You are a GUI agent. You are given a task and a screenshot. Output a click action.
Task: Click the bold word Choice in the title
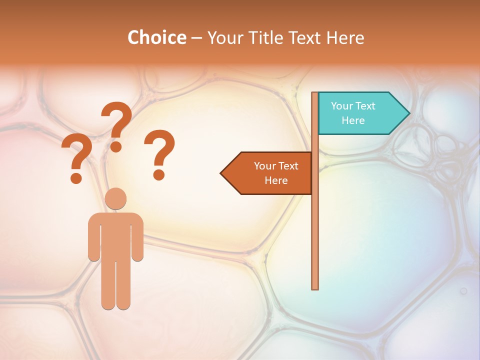pos(156,37)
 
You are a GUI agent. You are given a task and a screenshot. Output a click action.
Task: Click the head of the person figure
pos(115,198)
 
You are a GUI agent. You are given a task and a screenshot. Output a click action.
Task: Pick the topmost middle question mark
pos(116,122)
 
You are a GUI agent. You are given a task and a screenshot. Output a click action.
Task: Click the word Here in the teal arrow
pos(353,120)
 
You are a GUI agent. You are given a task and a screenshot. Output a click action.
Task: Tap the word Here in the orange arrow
pos(276,180)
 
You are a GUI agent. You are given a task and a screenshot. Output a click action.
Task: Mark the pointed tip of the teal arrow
pos(408,113)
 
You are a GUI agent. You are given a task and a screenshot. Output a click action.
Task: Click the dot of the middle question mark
pos(116,146)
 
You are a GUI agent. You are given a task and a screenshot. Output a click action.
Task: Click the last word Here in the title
pos(345,38)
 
